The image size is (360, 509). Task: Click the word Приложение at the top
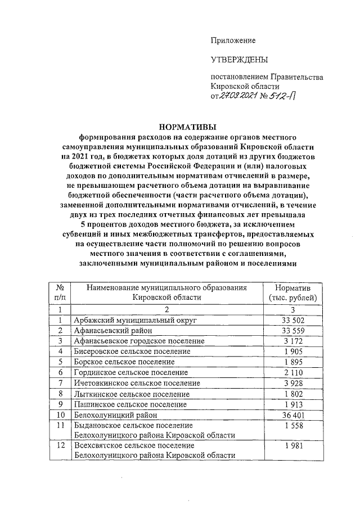tap(233, 40)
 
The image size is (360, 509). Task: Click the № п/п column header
tap(59, 292)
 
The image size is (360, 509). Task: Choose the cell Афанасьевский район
tap(110, 330)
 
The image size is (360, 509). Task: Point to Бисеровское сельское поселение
tap(132, 351)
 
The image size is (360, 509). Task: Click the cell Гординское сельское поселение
tap(130, 372)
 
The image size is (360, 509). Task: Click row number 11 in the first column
tap(59, 425)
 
